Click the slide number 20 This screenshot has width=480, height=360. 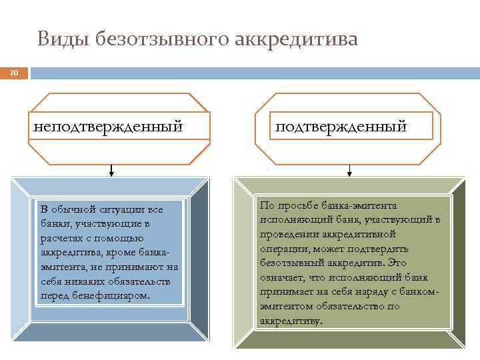[15, 73]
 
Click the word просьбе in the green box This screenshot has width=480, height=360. [294, 205]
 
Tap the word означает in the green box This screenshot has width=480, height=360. [284, 277]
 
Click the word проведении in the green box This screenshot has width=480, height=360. [288, 234]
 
